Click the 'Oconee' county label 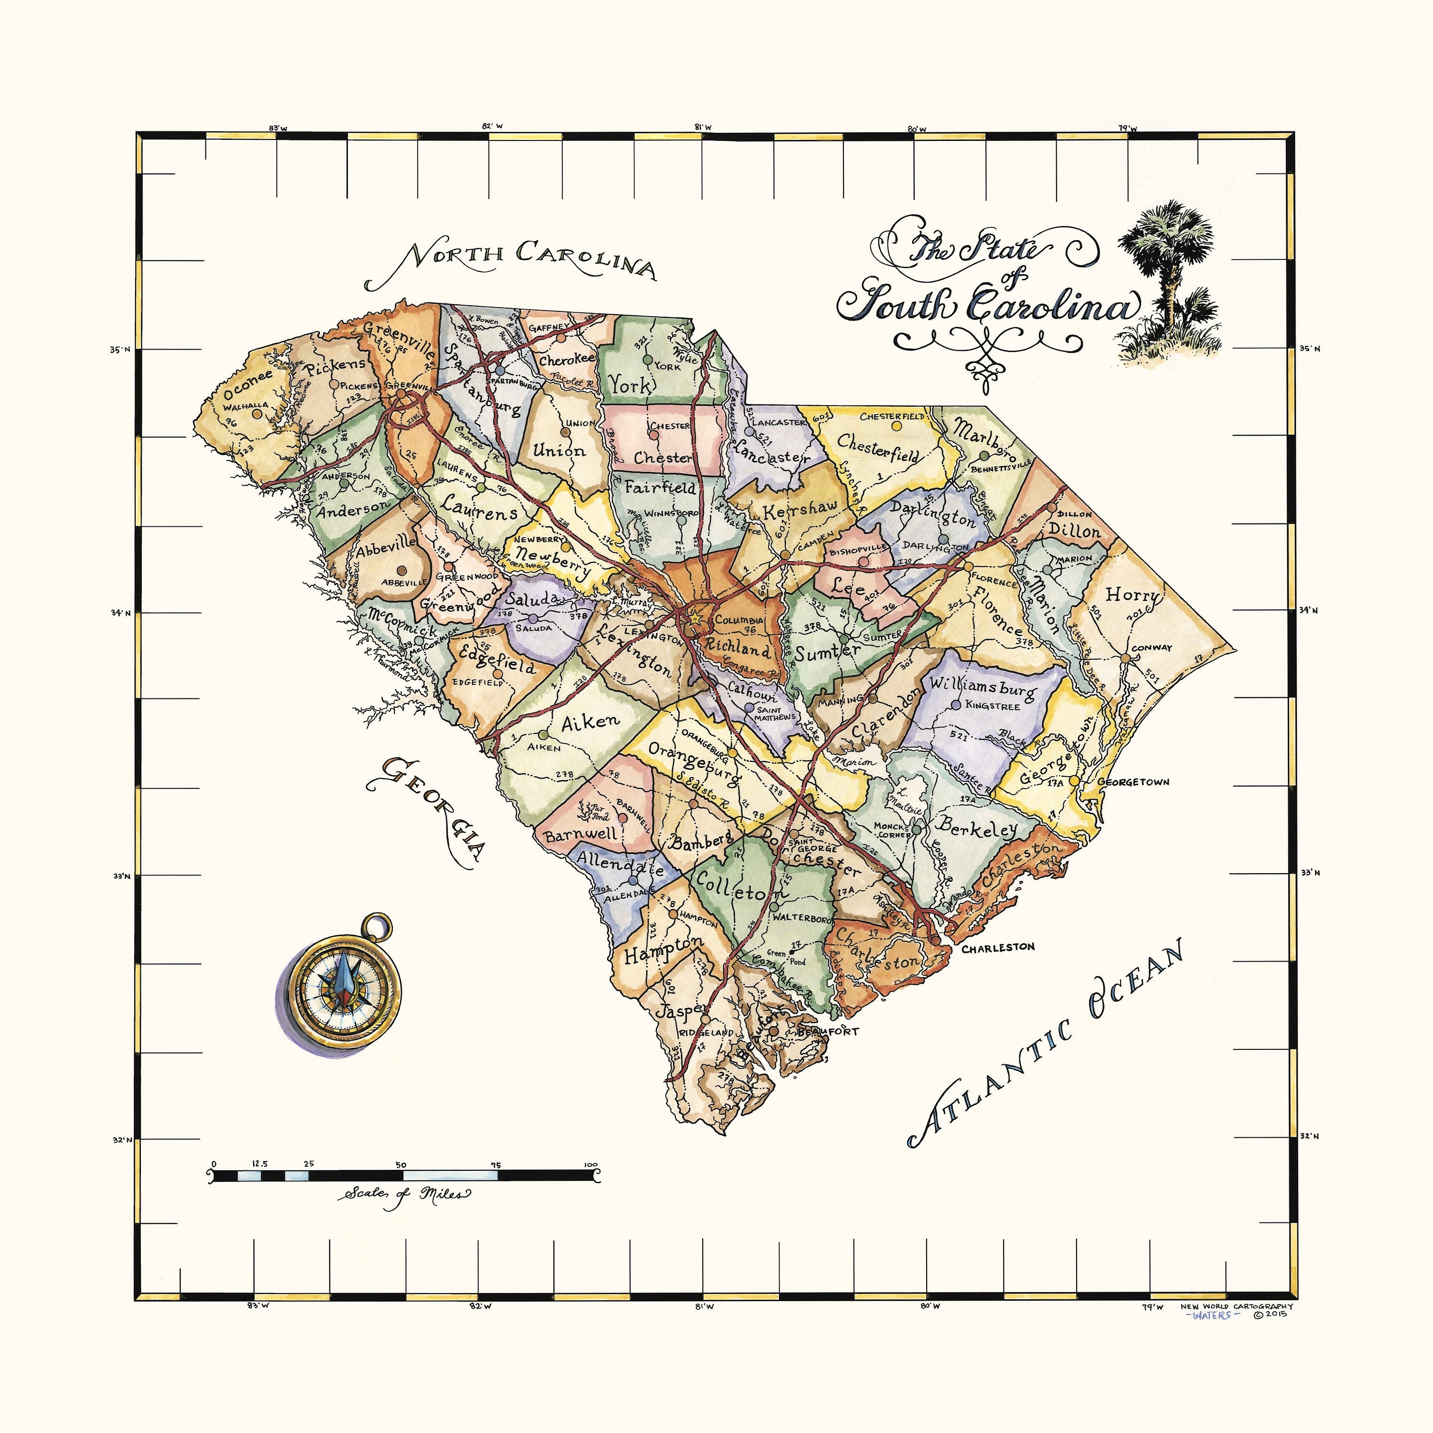[248, 384]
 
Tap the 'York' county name [631, 384]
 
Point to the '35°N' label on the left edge [121, 349]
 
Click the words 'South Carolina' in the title [986, 304]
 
